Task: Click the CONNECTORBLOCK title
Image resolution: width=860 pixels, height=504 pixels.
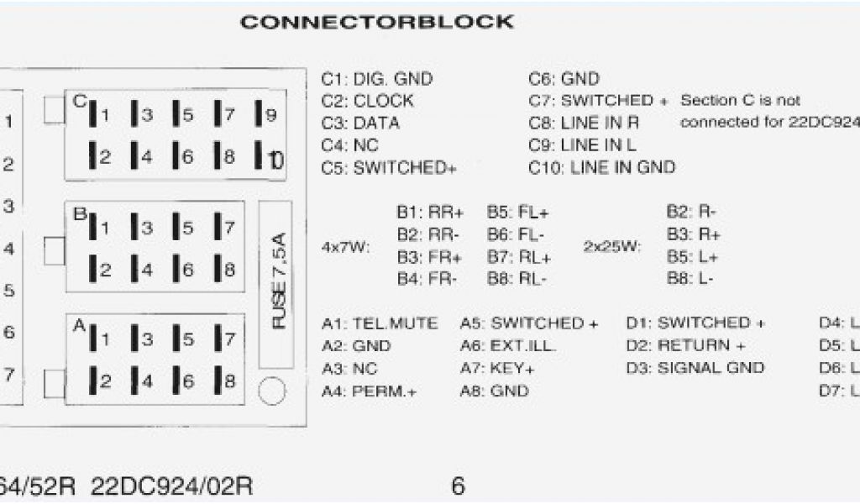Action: [376, 22]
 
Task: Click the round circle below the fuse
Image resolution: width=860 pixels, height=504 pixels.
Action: [272, 391]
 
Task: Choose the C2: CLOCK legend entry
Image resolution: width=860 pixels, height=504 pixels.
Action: [367, 101]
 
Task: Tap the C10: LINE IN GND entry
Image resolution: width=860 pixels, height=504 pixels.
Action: [601, 167]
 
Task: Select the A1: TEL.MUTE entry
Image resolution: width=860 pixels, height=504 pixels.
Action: [379, 323]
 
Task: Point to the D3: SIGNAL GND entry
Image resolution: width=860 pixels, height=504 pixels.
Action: [695, 368]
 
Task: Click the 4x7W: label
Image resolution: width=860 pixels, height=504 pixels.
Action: [345, 249]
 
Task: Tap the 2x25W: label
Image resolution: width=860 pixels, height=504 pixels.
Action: [611, 247]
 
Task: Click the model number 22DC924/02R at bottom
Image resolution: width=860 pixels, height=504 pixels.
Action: [171, 486]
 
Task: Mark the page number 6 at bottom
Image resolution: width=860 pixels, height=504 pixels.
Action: [458, 486]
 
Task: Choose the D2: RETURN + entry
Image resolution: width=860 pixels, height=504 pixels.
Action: [685, 345]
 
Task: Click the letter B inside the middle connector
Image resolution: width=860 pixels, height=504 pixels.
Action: [79, 214]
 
